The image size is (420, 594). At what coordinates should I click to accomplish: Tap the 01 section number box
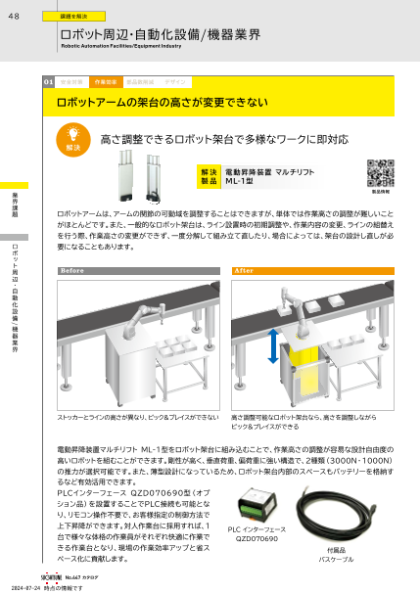[x=49, y=83]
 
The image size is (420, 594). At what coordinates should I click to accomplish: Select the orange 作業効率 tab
[x=106, y=83]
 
